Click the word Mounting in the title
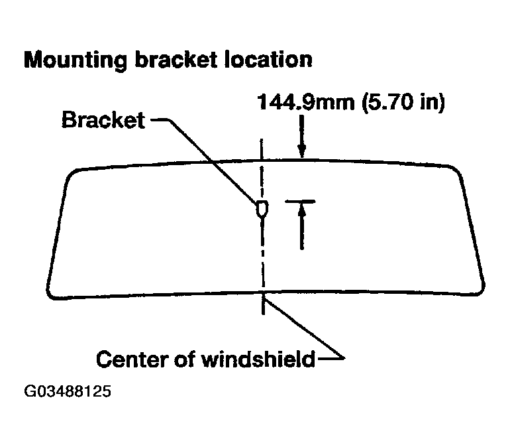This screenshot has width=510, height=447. click(x=76, y=60)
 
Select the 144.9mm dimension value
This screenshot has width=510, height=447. click(x=306, y=102)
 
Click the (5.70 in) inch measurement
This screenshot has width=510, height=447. click(x=403, y=102)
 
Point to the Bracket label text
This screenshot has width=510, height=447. click(x=103, y=120)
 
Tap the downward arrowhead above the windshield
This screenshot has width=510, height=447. click(x=302, y=151)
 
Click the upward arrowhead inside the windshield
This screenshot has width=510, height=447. click(x=302, y=210)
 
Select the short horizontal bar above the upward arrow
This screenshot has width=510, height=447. click(x=300, y=202)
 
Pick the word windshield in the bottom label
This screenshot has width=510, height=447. click(x=258, y=359)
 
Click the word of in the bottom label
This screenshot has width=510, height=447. click(x=185, y=359)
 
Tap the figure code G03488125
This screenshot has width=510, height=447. click(x=68, y=391)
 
